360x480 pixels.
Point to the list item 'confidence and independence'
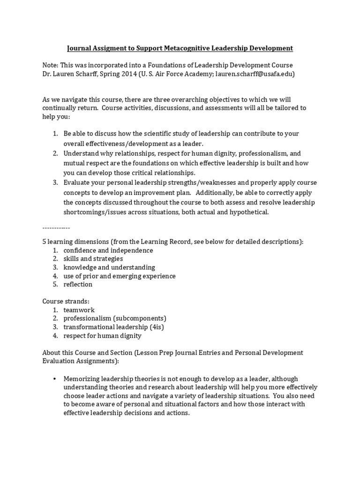pos(108,250)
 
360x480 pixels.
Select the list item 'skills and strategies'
pos(93,259)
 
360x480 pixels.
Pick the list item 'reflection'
pos(78,284)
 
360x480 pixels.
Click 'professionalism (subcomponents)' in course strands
pos(115,318)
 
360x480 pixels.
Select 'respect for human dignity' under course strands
pos(102,335)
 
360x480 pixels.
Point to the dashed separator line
pos(56,228)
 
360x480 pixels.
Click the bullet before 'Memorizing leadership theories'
pos(55,378)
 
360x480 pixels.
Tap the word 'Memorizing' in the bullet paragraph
pos(83,378)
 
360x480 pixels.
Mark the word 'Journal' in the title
pos(80,48)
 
